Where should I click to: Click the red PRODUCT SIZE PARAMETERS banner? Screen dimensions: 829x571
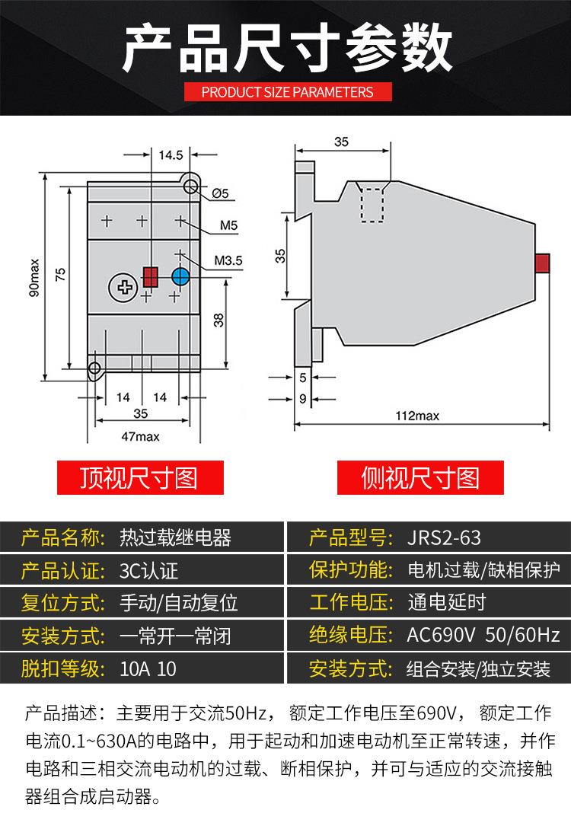coord(287,92)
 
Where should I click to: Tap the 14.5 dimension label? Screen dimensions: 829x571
coord(171,155)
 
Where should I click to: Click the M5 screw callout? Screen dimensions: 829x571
coord(229,225)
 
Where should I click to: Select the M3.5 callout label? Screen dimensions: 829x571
coord(228,260)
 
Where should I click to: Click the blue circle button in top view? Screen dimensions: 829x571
coord(180,276)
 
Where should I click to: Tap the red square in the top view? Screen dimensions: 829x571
coord(150,276)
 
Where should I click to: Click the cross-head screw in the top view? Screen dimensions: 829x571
coord(121,286)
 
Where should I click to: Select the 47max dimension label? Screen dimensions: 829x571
coord(141,436)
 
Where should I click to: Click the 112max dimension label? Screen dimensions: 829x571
coord(417,416)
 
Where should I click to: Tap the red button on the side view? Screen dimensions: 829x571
coord(543,263)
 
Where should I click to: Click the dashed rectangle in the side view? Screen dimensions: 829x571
coord(372,204)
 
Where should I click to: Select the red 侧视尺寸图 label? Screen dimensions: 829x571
coord(419,478)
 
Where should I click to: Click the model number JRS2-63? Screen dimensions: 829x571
coord(445,538)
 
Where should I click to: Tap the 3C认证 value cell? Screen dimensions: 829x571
coord(149,570)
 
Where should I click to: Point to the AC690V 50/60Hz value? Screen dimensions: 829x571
coord(483,635)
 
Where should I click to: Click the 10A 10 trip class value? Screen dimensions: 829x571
coord(148,669)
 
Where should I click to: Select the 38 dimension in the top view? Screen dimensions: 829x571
coord(219,320)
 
